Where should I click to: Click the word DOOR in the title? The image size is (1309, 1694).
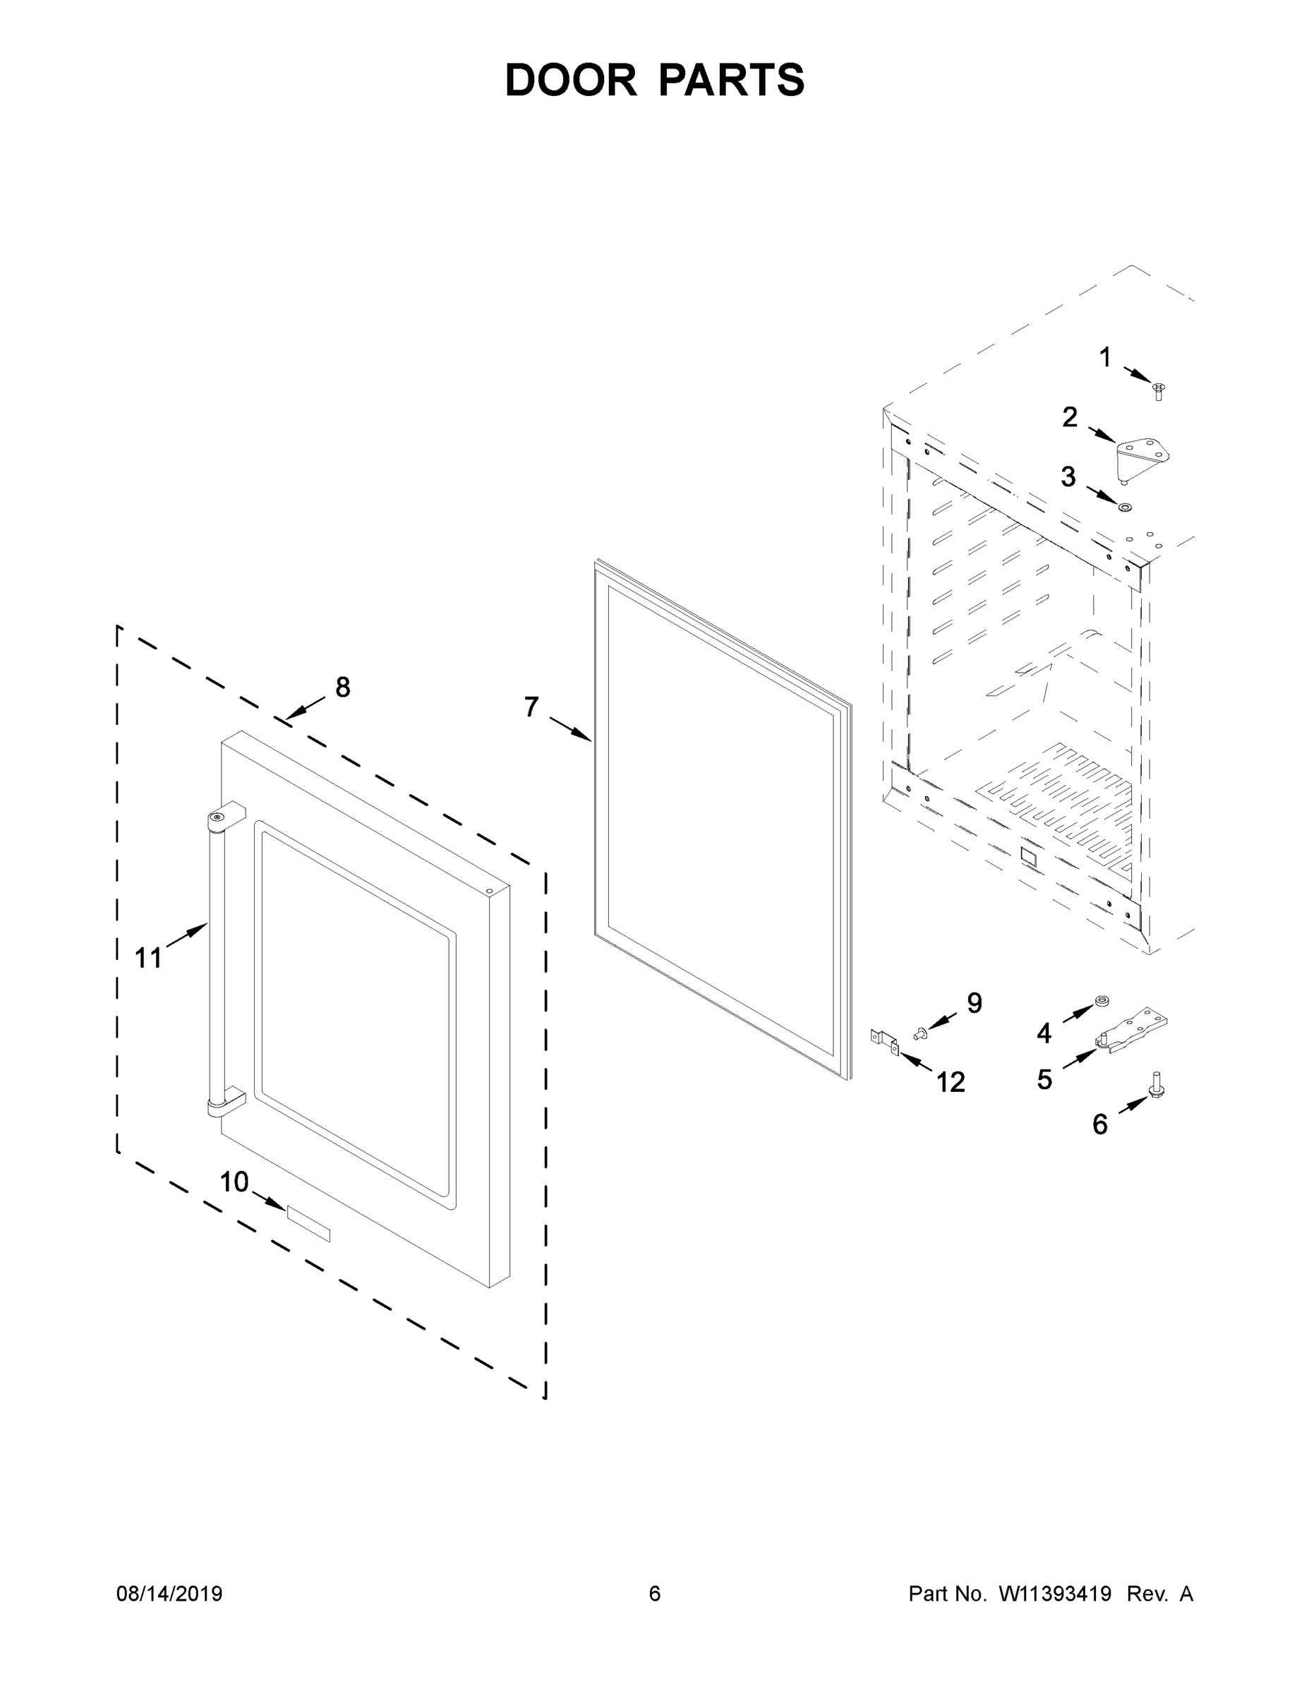[571, 80]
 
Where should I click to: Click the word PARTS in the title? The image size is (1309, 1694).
[731, 80]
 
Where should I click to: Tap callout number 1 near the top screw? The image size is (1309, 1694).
[1105, 358]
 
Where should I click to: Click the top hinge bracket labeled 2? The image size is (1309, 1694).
[1142, 457]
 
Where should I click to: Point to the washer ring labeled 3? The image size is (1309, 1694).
[1123, 507]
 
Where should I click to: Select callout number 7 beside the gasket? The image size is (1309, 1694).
[531, 707]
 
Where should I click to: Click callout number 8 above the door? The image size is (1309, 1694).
[342, 687]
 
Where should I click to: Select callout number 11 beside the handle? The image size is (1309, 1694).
[148, 958]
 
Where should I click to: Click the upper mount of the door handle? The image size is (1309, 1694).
[224, 818]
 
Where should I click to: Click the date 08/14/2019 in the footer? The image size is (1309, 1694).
[169, 1593]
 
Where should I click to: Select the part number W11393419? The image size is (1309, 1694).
[1055, 1593]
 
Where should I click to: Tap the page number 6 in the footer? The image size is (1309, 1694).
[655, 1593]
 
